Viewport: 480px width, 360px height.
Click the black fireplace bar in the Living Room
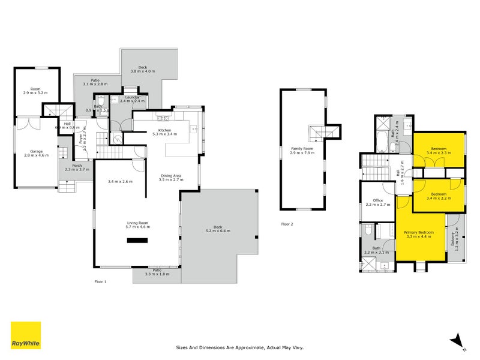pos(136,241)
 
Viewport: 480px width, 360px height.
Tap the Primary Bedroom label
pos(419,232)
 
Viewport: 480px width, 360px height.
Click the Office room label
pos(378,200)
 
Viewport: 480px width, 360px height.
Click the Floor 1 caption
pos(100,281)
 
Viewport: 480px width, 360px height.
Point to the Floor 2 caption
pos(287,224)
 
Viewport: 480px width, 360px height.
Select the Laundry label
pos(132,97)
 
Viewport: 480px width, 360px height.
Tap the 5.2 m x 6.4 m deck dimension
pos(218,231)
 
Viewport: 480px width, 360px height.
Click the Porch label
pos(77,166)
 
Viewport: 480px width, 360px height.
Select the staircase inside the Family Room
pos(316,133)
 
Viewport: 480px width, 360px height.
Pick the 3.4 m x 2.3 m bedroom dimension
pos(439,153)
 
